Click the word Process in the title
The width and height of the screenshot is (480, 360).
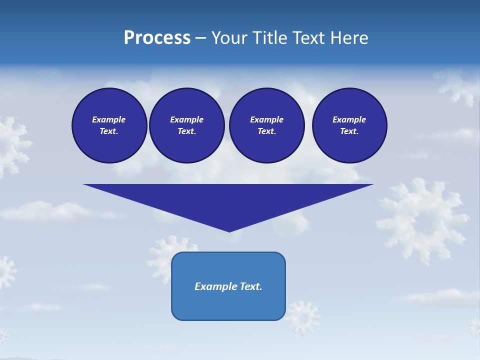[x=157, y=38]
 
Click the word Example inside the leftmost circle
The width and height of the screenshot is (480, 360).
[x=109, y=119]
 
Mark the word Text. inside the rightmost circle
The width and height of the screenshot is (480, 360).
[x=349, y=131]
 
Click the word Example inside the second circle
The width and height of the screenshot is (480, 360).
[x=186, y=119]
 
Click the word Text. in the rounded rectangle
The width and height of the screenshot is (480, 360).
[x=251, y=286]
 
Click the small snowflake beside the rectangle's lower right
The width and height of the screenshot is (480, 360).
[x=303, y=316]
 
